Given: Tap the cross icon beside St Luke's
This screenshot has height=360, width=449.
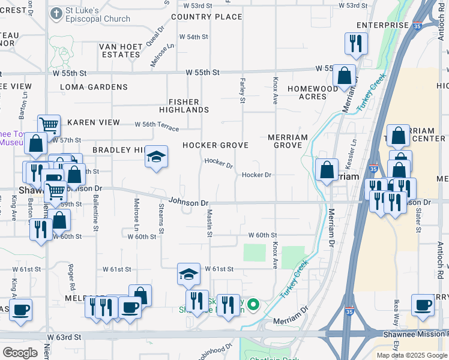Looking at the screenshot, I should pyautogui.click(x=56, y=13).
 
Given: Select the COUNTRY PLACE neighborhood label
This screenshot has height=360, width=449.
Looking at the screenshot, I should pyautogui.click(x=206, y=17).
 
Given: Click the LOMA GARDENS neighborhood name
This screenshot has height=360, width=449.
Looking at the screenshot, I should pyautogui.click(x=94, y=87).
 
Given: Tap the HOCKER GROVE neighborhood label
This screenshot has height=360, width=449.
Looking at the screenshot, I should pyautogui.click(x=215, y=145).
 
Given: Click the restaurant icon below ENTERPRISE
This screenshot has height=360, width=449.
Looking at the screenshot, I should pyautogui.click(x=355, y=43).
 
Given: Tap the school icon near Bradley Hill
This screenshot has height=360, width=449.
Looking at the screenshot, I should pyautogui.click(x=156, y=157).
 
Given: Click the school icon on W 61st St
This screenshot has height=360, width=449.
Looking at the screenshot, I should pyautogui.click(x=188, y=274).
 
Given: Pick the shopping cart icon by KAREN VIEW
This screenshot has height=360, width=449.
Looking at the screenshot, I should pyautogui.click(x=49, y=125).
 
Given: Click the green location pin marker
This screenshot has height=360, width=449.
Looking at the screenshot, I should pyautogui.click(x=253, y=305).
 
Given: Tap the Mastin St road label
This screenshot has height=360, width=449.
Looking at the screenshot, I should pyautogui.click(x=209, y=222).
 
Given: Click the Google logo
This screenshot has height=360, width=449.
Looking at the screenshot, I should pyautogui.click(x=20, y=353).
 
